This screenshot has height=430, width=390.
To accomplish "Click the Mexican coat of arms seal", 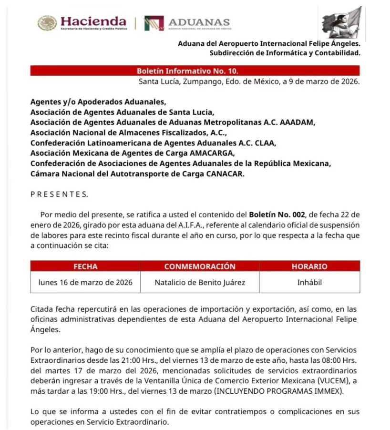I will (47, 23).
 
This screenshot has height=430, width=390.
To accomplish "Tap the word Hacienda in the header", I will (93, 21).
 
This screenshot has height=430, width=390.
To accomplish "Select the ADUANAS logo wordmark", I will (199, 22).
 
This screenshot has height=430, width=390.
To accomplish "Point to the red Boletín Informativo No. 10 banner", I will (195, 71).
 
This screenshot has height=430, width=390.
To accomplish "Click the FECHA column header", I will (85, 266).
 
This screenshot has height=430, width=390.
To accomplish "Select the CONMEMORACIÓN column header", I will (200, 266).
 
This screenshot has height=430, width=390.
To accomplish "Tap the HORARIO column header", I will (309, 266).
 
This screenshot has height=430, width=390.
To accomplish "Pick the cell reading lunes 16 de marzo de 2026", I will (85, 282).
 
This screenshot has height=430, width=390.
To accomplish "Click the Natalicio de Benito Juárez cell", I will (200, 282).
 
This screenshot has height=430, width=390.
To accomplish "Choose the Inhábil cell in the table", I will (309, 282).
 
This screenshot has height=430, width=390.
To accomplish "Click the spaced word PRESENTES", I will (59, 194).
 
